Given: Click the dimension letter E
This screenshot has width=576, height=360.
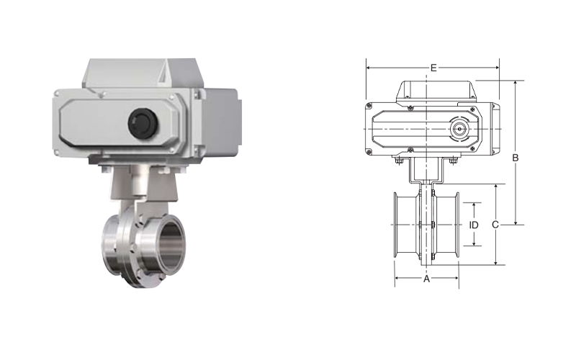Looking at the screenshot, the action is tap(433, 68).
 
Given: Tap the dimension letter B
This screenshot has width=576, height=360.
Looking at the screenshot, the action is tap(516, 158).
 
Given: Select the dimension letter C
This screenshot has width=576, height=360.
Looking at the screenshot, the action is tap(495, 225).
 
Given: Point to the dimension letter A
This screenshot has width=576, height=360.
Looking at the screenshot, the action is tap(426, 279).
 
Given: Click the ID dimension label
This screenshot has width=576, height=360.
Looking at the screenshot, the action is tap(474, 225).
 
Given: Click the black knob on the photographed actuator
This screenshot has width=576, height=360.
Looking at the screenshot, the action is tap(143, 123).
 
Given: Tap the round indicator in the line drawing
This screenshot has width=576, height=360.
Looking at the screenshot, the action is tap(459, 129).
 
